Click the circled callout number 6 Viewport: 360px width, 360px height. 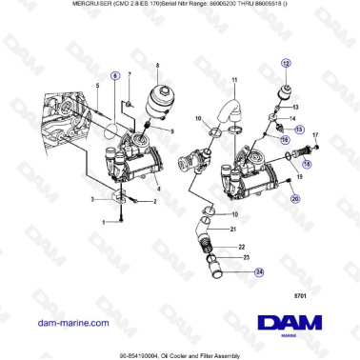tap(115, 73)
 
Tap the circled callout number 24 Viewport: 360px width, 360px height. tap(259, 272)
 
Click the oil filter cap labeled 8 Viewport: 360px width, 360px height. tap(159, 96)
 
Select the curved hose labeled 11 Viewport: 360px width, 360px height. tap(227, 113)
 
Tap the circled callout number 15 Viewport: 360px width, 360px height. tap(299, 128)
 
